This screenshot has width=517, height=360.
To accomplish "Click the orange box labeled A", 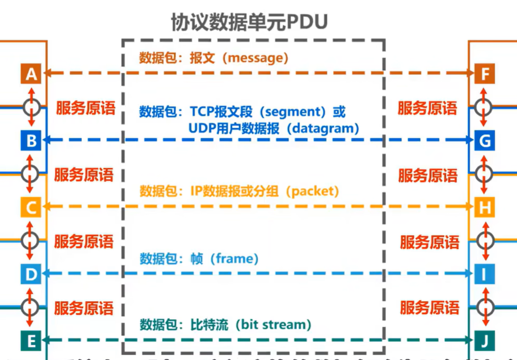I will point(31,74).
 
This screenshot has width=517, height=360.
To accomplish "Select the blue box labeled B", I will point(31,141).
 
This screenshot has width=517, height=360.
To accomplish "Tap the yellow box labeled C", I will point(31,208).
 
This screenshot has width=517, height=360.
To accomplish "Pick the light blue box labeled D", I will point(31,274).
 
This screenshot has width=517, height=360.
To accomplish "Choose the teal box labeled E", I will point(31,341).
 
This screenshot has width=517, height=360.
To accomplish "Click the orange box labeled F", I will point(485,74).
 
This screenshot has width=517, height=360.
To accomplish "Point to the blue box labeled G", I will point(485,141).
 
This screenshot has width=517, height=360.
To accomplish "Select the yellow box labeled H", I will point(485,208).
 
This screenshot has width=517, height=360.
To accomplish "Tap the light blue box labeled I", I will point(485,274).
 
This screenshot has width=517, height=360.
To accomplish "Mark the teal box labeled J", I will point(485,341).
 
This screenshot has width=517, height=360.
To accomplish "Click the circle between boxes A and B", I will point(31,107).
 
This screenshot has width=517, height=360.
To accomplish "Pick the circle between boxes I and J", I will point(485,307).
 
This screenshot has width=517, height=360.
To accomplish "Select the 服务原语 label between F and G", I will point(427,108).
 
